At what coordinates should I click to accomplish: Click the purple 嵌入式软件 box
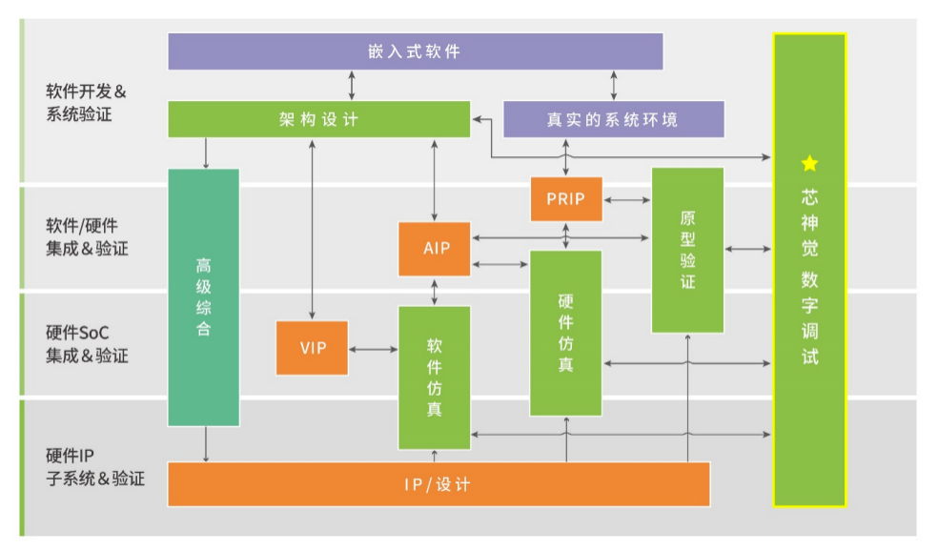coord(416,51)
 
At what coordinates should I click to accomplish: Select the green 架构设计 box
coord(318,119)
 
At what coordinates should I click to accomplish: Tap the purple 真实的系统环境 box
coord(614,120)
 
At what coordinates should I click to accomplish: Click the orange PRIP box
coord(566,199)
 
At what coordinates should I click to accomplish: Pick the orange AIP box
coord(435,249)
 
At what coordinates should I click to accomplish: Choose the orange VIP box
coord(313,348)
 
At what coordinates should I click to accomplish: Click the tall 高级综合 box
coord(204,297)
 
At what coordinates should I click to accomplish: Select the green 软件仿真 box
coord(435,378)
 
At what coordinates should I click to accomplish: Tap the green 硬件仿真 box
coord(566,333)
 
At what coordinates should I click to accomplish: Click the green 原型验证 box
coord(688,250)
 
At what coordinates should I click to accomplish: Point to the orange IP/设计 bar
coord(439,484)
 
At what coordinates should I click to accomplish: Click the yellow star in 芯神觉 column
coord(809,163)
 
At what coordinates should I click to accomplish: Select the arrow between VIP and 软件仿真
coord(374,349)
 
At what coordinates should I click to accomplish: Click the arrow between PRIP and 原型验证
coord(627,200)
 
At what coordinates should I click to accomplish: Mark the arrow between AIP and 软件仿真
coord(435,292)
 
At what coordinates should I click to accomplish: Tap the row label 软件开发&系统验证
coord(86,103)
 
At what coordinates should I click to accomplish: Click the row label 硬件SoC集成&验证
coord(88,344)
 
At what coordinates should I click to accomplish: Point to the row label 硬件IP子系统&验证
coord(95,467)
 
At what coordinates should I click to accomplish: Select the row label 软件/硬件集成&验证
coord(88,237)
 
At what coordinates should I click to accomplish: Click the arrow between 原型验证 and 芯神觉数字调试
coord(747,248)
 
